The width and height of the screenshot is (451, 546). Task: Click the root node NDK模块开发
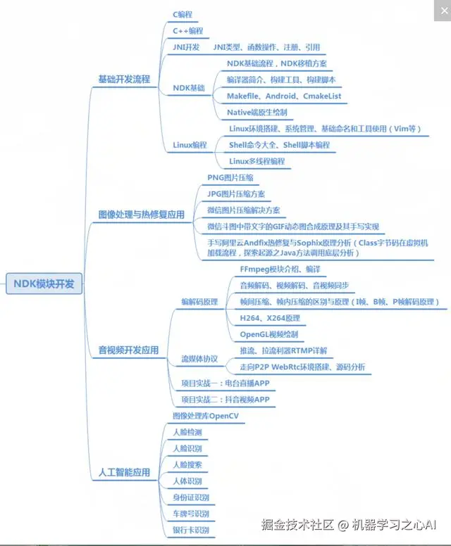[44, 284]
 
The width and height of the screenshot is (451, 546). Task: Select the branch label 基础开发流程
[124, 80]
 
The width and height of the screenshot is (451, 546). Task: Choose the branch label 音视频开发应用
[128, 350]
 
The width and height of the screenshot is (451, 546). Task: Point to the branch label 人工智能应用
[124, 472]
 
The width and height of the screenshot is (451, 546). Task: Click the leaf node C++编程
[188, 31]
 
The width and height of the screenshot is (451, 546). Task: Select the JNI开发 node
[186, 47]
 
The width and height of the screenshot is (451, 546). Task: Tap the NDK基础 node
[189, 88]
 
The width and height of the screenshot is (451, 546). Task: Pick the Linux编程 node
[190, 145]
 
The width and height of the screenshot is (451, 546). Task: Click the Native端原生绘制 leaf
[257, 112]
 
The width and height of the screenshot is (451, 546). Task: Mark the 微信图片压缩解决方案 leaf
[243, 210]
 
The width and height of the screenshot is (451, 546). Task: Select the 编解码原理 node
[200, 301]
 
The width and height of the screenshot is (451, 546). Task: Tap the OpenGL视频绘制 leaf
[269, 334]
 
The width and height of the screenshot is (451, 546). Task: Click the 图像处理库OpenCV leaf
[206, 417]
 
